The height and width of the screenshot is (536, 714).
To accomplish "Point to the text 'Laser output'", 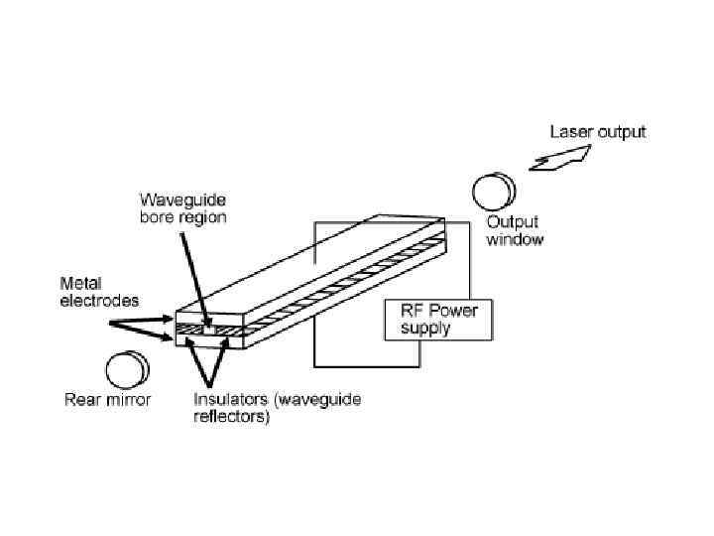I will pos(597,131).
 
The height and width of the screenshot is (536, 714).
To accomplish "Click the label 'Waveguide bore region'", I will pos(182,208).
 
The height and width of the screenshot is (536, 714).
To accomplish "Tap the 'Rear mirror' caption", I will pos(108,400).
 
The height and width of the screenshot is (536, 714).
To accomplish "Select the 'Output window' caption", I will pos(515,231).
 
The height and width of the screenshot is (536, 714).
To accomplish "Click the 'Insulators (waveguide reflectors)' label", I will pos(277,408).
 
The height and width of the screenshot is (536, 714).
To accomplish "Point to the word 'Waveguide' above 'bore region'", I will pos(183,200).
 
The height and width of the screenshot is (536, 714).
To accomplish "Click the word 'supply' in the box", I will pos(425,328).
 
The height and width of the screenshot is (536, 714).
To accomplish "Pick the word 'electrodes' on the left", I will pos(99,300).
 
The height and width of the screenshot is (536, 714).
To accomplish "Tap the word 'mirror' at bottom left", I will pos(128,400).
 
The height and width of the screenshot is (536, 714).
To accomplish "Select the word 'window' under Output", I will pos(515,239).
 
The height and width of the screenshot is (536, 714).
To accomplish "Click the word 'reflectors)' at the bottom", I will pos(231,417).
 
